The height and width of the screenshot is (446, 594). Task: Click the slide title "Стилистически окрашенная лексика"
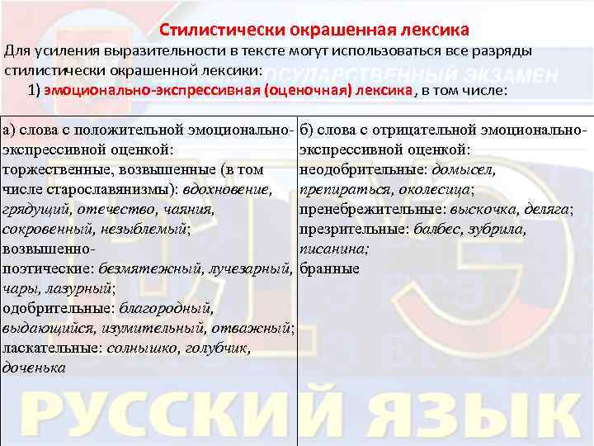[314, 31]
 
